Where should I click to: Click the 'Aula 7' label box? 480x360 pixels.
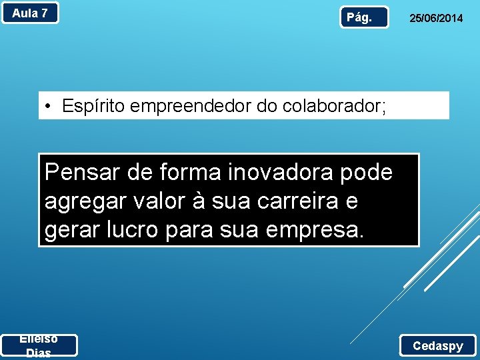pos(30,13)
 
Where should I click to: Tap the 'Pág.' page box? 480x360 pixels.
pos(364,17)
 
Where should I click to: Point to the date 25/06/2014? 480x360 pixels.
pos(435,19)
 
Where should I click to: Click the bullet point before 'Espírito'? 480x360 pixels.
pos(49,106)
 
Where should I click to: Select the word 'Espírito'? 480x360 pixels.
pos(91,106)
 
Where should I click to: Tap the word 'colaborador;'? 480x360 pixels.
pos(334,106)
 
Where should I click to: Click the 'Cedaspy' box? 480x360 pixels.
pos(437,345)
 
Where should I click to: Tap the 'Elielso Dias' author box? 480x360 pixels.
pos(39,345)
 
